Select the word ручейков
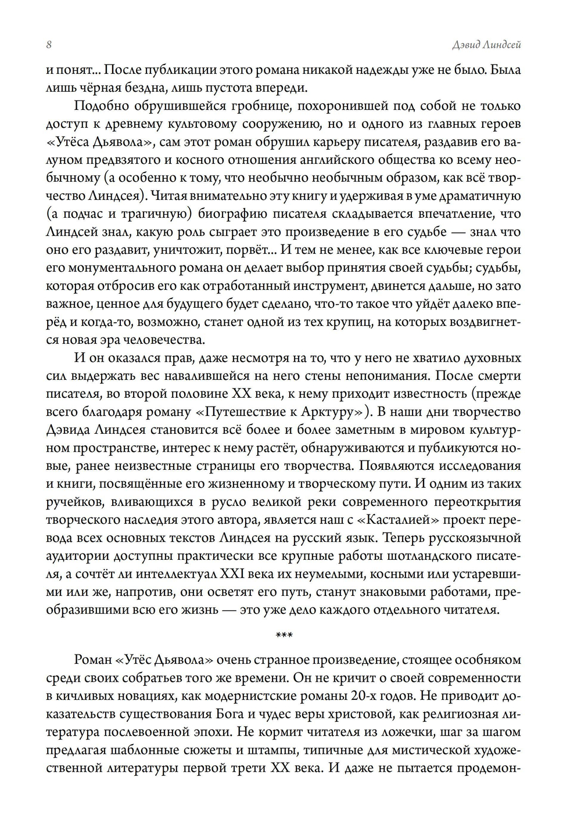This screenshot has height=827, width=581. click(72, 502)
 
